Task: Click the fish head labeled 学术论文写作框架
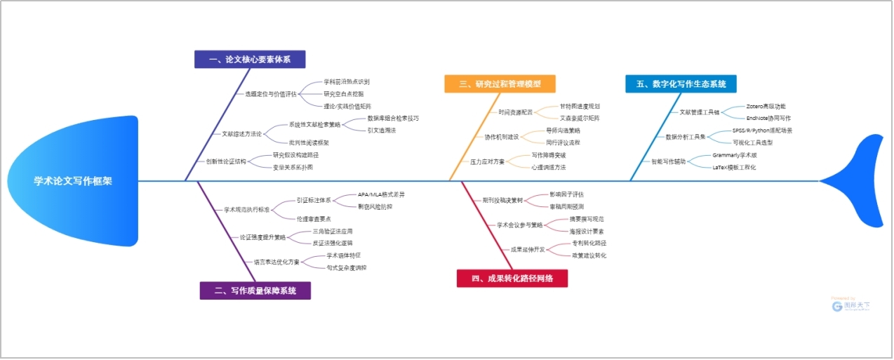click(x=70, y=181)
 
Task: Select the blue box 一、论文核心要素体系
click(x=250, y=60)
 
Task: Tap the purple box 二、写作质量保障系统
click(x=255, y=291)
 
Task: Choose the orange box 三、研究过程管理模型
click(x=500, y=84)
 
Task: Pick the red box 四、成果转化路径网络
click(x=512, y=279)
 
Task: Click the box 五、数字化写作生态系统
click(x=681, y=84)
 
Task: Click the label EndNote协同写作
click(x=768, y=118)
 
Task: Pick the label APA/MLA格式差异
click(x=381, y=194)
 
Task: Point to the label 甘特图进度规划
click(x=579, y=106)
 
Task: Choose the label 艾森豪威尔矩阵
click(x=579, y=118)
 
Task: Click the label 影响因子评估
click(x=566, y=194)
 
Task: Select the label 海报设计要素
click(x=587, y=231)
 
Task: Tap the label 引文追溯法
click(x=382, y=130)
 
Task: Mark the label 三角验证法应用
click(x=332, y=231)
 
